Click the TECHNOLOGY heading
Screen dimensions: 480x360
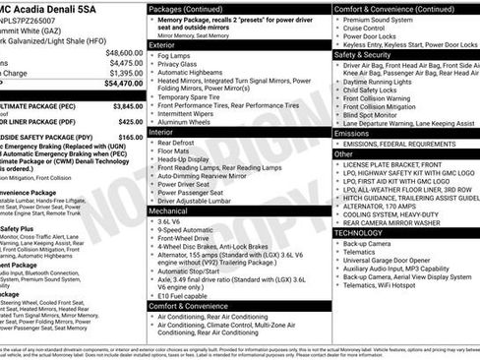360,232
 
